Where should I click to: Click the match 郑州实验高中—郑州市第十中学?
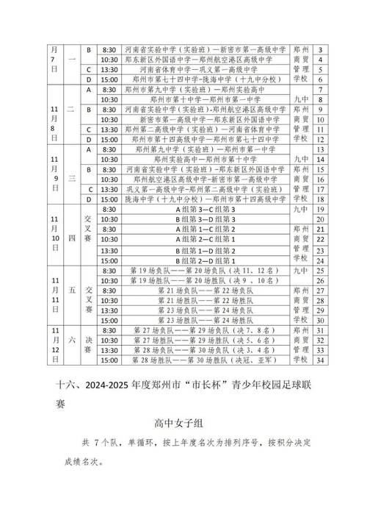(x=193, y=158)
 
